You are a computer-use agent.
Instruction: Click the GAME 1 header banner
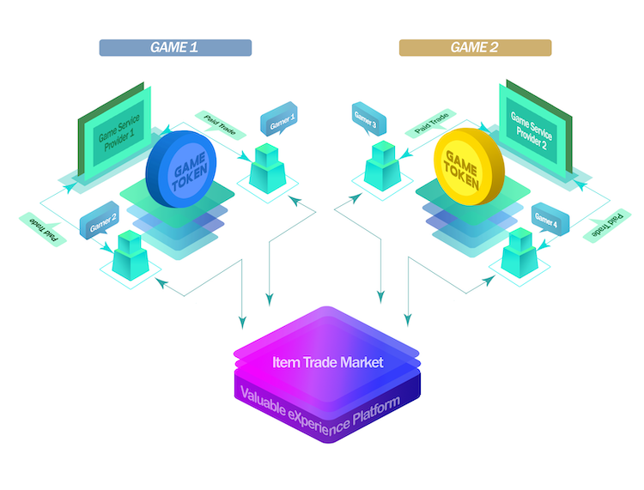click(x=175, y=47)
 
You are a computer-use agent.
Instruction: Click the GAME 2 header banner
click(x=475, y=47)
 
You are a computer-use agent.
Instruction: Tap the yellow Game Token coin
click(x=466, y=164)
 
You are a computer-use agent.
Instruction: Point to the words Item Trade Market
click(x=327, y=362)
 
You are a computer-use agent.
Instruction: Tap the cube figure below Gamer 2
click(x=127, y=256)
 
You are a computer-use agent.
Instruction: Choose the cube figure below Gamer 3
click(x=380, y=165)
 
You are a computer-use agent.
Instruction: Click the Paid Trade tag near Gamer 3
click(x=429, y=123)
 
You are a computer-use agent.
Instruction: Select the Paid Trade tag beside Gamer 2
click(x=40, y=227)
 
